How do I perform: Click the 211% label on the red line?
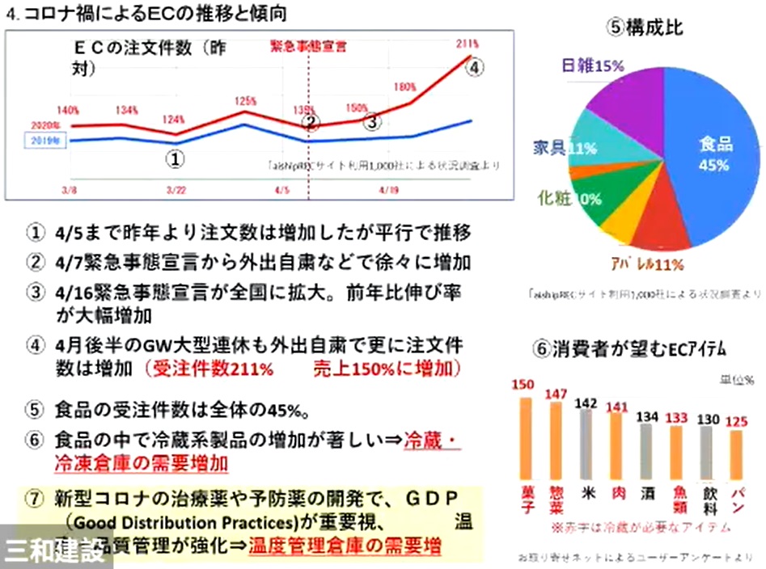coord(468,42)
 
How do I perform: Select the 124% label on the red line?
coord(173,120)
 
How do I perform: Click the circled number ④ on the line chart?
coord(476,68)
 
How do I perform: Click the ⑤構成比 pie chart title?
coord(646,27)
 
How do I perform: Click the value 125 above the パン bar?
coord(734,421)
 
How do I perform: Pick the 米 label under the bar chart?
coord(586,490)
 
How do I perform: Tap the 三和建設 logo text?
coord(54,551)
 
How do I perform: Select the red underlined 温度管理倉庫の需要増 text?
coord(345,546)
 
